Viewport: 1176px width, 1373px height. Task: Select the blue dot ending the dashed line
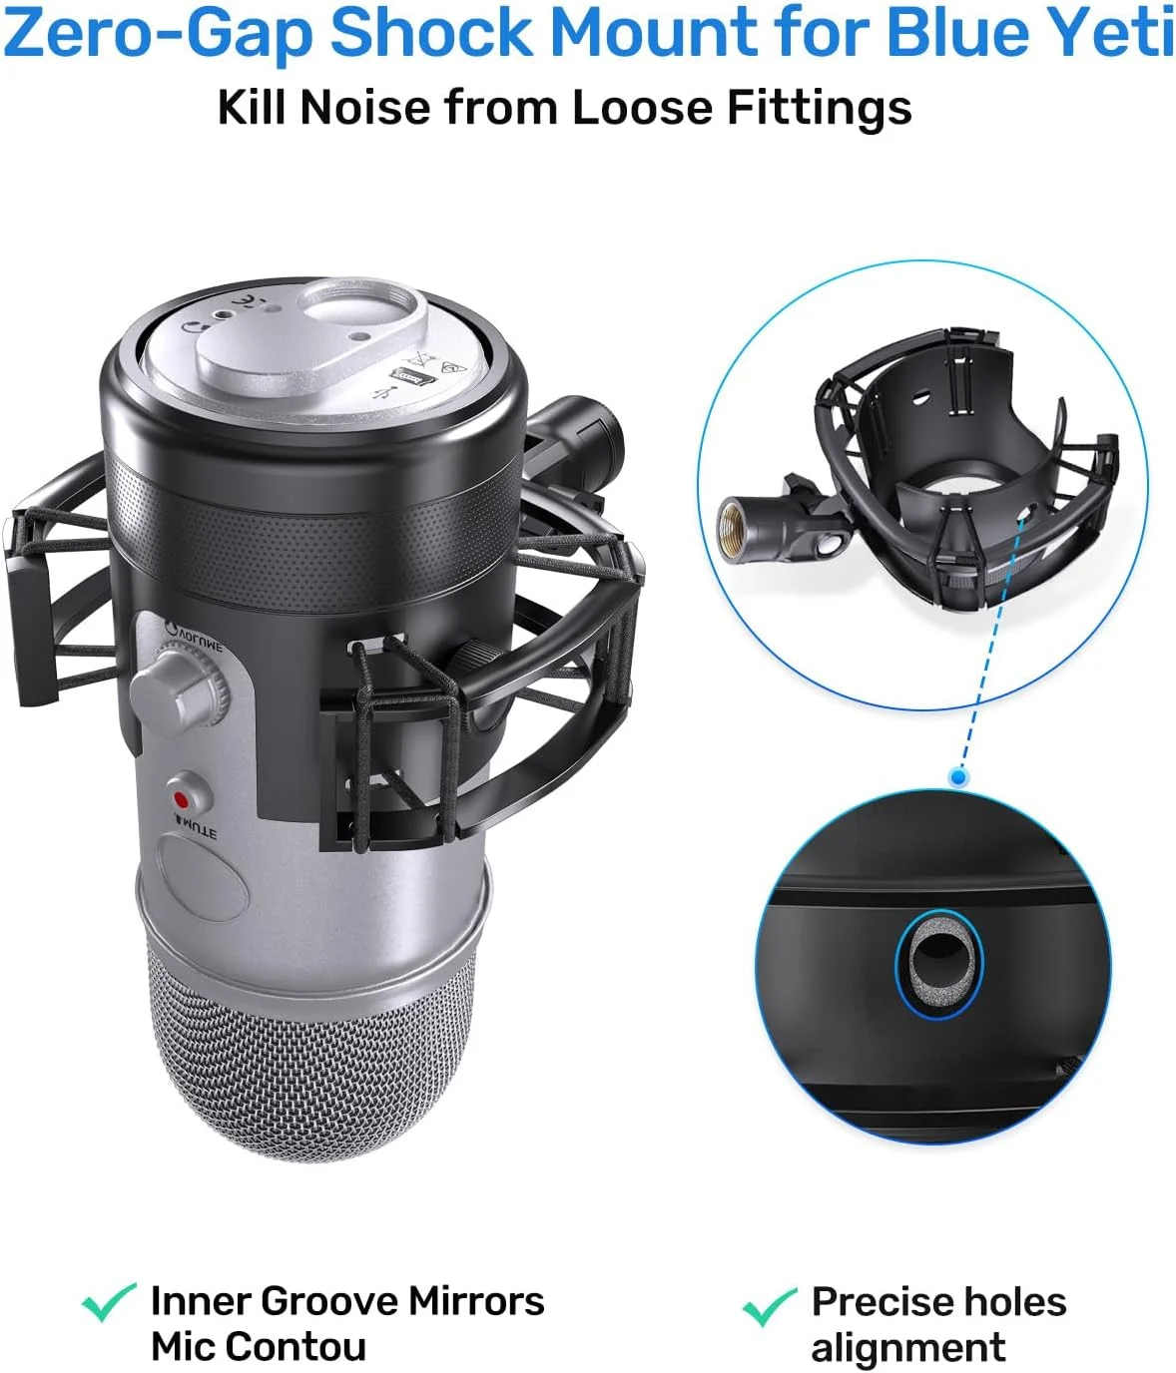click(959, 775)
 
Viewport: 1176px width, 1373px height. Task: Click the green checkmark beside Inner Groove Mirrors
click(108, 1302)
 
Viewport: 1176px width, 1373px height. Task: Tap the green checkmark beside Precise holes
click(770, 1306)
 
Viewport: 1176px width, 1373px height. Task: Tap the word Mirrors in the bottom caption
click(476, 1301)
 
